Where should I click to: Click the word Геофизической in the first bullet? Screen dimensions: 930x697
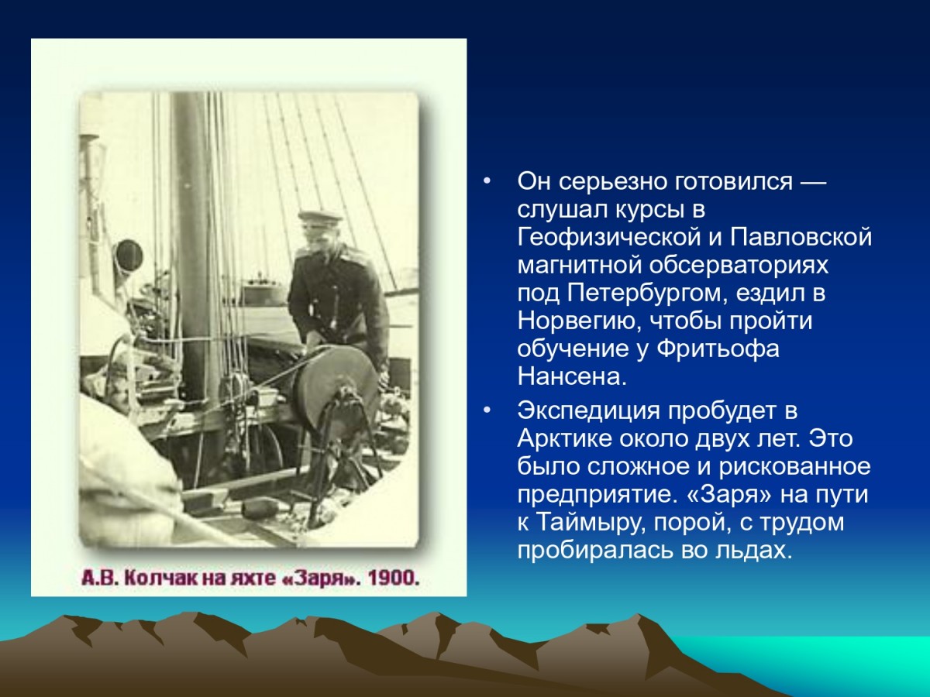click(609, 239)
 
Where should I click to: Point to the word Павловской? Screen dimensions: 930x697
click(801, 238)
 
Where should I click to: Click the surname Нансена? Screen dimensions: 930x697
click(572, 376)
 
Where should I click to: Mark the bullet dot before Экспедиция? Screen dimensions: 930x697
click(487, 410)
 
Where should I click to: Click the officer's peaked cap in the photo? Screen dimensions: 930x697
click(320, 217)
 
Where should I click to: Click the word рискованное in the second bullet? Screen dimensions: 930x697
click(794, 467)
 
